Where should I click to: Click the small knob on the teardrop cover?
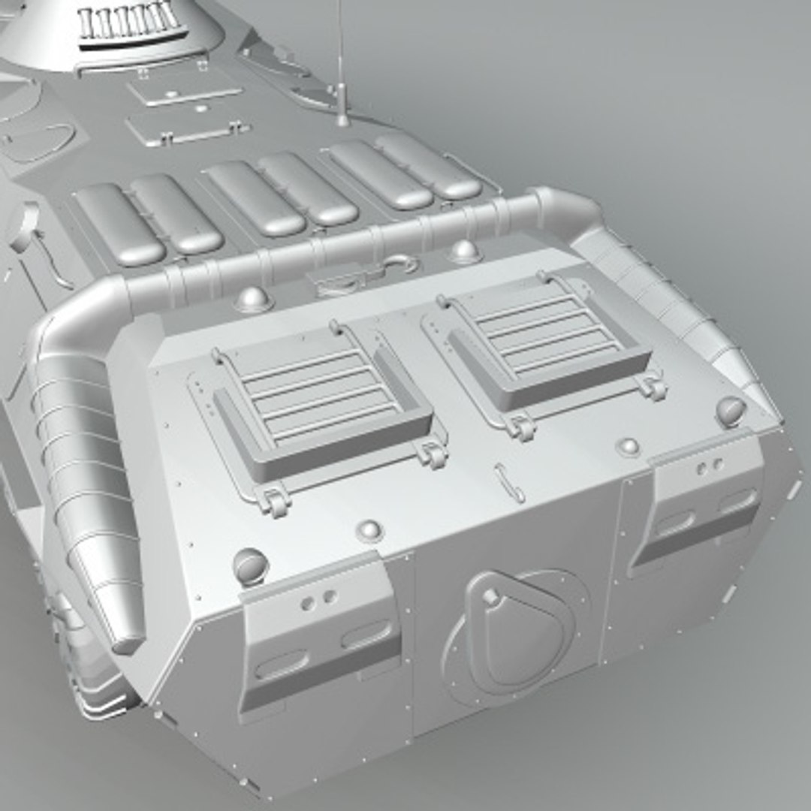tap(490, 596)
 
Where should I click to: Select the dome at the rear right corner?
tap(730, 409)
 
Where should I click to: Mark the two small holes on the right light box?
tap(708, 466)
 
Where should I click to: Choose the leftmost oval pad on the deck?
tap(119, 225)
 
